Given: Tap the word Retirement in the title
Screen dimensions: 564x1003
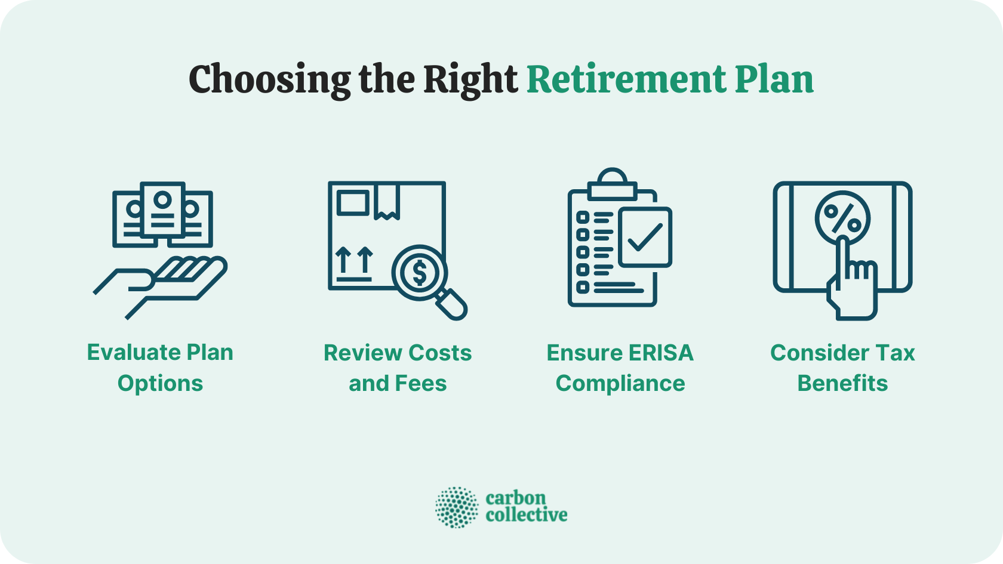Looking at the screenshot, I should point(626,79).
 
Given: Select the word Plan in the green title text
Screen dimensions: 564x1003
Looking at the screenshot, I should point(774,79).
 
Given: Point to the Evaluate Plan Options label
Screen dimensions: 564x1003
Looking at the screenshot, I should point(160,368).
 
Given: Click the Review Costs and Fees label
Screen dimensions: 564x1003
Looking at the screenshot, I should point(398,368).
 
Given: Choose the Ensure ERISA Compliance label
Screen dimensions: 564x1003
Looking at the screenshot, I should point(620,368).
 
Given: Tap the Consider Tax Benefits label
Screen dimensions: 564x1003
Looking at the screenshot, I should point(842,368).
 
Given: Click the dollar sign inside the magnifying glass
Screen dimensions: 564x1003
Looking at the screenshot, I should point(420,273).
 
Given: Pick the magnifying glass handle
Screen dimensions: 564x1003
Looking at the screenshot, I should point(453,304).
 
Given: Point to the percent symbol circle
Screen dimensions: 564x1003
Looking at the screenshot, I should point(842,218).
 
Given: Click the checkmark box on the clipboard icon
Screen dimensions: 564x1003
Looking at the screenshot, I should point(645,237).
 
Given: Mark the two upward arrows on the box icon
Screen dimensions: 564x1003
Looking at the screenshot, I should point(354,261).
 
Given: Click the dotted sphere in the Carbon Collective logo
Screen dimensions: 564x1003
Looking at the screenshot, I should point(457,507).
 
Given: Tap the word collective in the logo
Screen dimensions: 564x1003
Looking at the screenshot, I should point(526,515).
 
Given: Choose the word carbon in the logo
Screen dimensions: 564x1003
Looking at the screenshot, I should point(516,498).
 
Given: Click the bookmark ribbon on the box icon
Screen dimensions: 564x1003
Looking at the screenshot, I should point(387,201).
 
